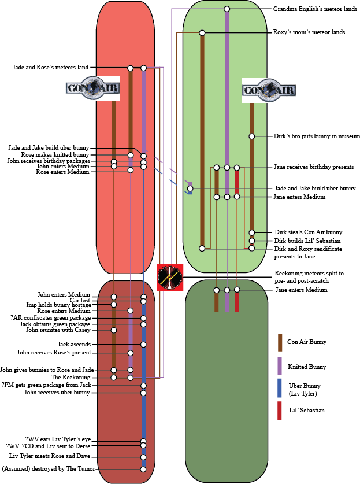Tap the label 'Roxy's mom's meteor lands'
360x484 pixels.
[x=309, y=33]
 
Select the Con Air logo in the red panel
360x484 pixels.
[x=93, y=88]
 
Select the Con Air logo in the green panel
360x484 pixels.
[x=268, y=90]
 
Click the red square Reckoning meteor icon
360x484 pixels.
[x=170, y=278]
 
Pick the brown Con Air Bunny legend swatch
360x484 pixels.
[x=280, y=342]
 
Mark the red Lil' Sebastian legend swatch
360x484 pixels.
[x=280, y=411]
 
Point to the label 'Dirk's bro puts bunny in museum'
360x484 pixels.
[x=317, y=136]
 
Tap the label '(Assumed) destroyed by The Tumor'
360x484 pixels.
[x=49, y=469]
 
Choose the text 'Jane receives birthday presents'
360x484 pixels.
[x=313, y=167]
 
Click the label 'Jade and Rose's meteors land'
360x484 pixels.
[x=51, y=68]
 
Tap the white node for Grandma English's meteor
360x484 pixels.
[x=227, y=9]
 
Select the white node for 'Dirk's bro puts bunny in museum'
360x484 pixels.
[x=252, y=136]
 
